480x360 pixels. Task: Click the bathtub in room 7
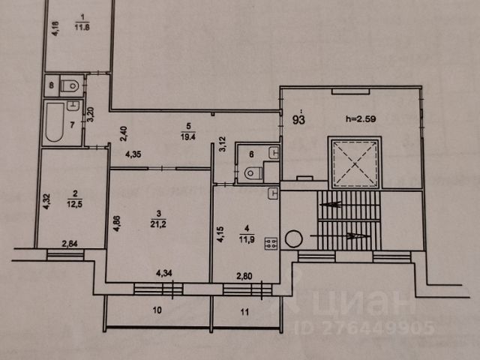coord(55,122)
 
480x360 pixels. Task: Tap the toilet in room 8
coord(70,86)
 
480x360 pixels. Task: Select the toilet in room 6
coord(253,173)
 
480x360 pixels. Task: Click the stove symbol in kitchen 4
coord(271,243)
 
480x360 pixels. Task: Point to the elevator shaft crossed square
coord(355,163)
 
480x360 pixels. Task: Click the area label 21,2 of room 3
coord(158,224)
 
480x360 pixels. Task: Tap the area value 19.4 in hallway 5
coord(188,136)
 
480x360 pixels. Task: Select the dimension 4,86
coord(117,223)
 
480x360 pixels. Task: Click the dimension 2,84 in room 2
coord(70,244)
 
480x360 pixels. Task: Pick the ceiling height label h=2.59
coord(361,118)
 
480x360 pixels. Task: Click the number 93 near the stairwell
coord(298,120)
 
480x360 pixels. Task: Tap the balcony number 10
coord(157,310)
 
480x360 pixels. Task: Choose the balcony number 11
coord(244,312)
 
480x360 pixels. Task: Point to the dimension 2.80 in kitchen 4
coord(244,276)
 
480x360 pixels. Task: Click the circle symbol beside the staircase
coord(294,238)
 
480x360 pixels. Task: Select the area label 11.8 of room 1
coord(82,27)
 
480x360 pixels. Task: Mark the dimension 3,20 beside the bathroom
coord(91,115)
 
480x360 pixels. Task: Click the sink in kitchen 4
coord(273,193)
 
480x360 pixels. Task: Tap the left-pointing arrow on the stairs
coord(330,204)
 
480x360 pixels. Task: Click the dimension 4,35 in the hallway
coord(133,154)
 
